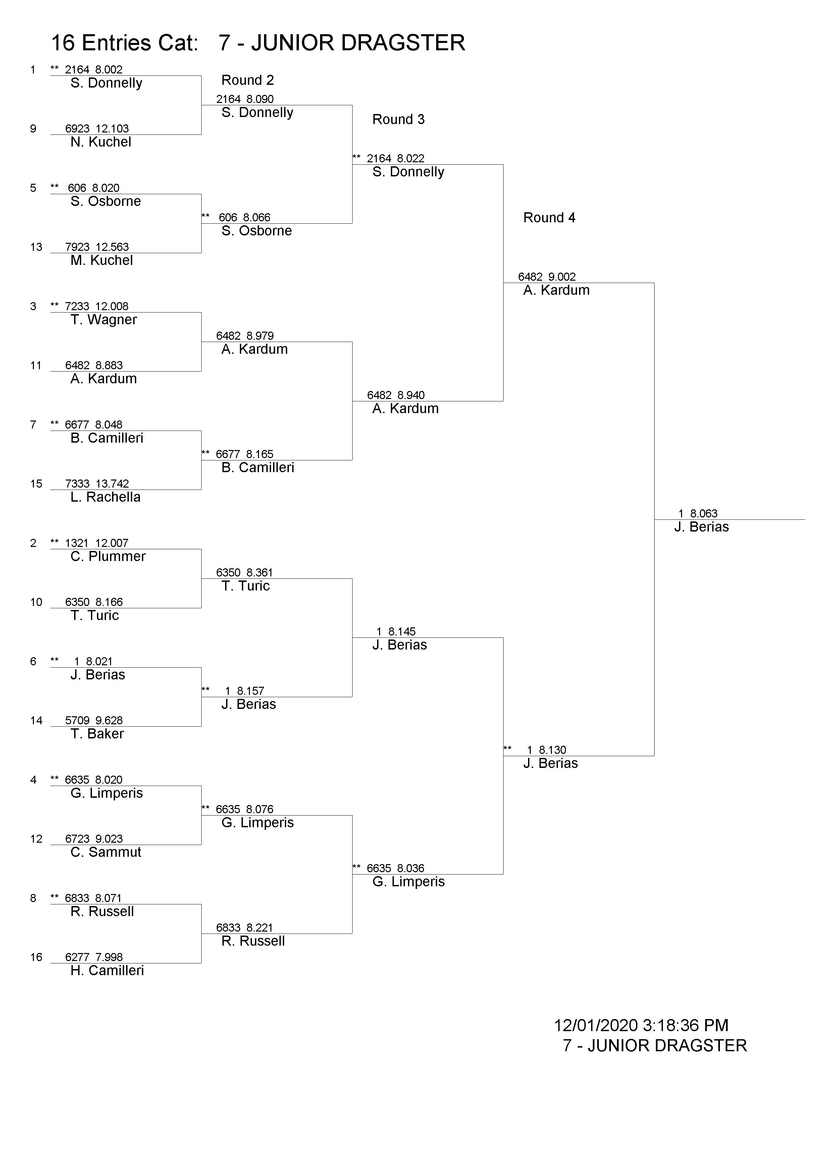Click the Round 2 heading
(x=248, y=80)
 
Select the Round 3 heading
(x=399, y=120)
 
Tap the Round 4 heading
(x=549, y=218)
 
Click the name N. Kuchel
(x=101, y=143)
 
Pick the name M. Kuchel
(x=101, y=261)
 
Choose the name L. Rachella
(x=106, y=497)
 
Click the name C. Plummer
(x=108, y=557)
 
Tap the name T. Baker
(x=97, y=734)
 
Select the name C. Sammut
(x=106, y=852)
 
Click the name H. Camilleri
(x=107, y=970)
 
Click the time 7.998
(x=109, y=957)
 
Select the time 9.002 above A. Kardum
(x=562, y=277)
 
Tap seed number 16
(x=36, y=958)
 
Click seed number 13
(x=36, y=247)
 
